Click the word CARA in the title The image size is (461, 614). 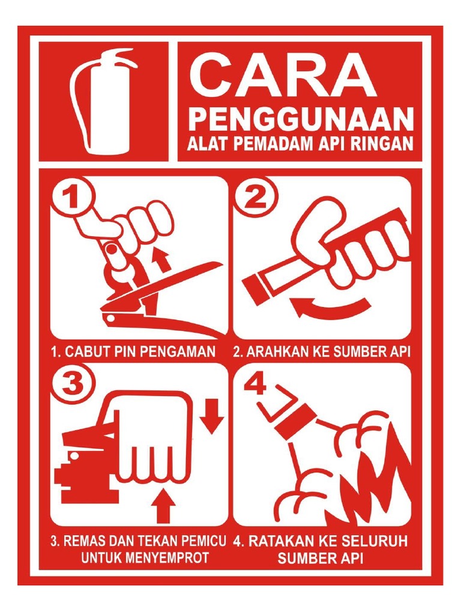[283, 76]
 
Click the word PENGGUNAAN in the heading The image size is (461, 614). [301, 119]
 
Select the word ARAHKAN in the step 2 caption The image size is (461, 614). [271, 353]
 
